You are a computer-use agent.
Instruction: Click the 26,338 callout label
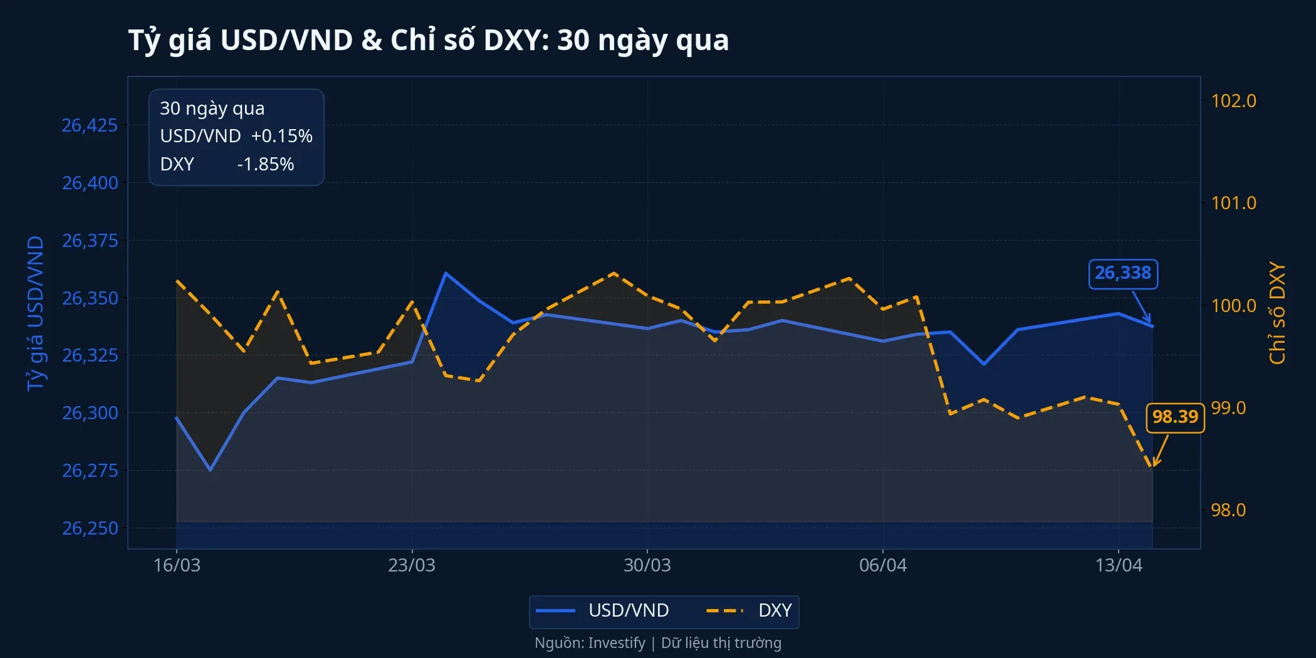(x=1123, y=274)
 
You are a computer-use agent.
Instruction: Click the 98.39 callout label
(x=1175, y=417)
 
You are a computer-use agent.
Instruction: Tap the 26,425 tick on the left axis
(x=90, y=125)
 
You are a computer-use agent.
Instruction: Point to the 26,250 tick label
(x=90, y=528)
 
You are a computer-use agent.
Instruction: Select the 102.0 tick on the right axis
(x=1233, y=101)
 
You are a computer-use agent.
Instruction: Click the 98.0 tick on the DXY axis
(x=1228, y=510)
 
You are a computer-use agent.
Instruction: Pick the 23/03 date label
(x=411, y=565)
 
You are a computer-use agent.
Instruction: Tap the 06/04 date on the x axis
(x=882, y=565)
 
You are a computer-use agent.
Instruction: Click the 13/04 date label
(x=1118, y=565)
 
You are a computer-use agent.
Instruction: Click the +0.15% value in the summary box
(x=281, y=136)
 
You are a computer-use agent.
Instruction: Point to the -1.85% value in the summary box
(x=265, y=164)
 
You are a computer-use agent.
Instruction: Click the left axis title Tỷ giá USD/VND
(x=36, y=313)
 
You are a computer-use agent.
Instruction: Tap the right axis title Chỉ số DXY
(x=1277, y=313)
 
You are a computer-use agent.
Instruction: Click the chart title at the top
(x=429, y=40)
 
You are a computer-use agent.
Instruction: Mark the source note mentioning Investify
(x=658, y=643)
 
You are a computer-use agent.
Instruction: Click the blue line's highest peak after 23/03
(x=445, y=273)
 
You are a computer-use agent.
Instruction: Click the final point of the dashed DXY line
(x=1152, y=467)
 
